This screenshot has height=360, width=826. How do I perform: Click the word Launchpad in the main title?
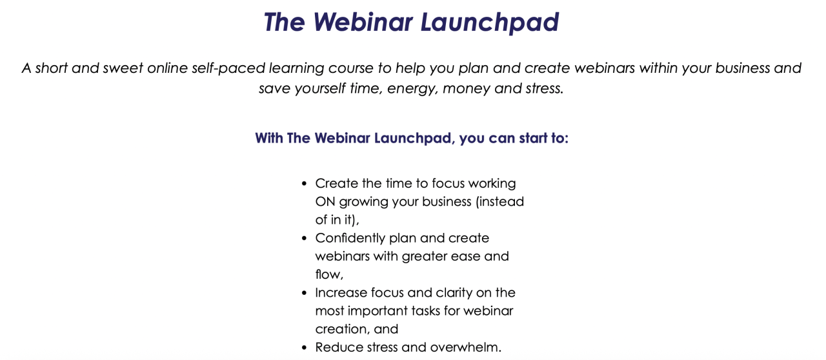pyautogui.click(x=490, y=23)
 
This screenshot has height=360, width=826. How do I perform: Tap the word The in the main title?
pyautogui.click(x=285, y=22)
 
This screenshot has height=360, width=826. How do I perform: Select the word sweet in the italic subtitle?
pyautogui.click(x=123, y=68)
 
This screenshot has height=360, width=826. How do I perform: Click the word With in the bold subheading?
pyautogui.click(x=269, y=138)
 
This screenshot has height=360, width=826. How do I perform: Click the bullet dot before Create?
pyautogui.click(x=304, y=184)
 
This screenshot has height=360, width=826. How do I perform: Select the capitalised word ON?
pyautogui.click(x=325, y=202)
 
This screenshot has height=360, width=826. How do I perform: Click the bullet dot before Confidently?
pyautogui.click(x=304, y=238)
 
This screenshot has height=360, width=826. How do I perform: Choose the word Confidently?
pyautogui.click(x=350, y=239)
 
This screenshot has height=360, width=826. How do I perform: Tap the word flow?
pyautogui.click(x=329, y=274)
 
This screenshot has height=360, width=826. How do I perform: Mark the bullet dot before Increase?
pyautogui.click(x=304, y=293)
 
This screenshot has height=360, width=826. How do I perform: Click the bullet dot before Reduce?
pyautogui.click(x=304, y=348)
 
